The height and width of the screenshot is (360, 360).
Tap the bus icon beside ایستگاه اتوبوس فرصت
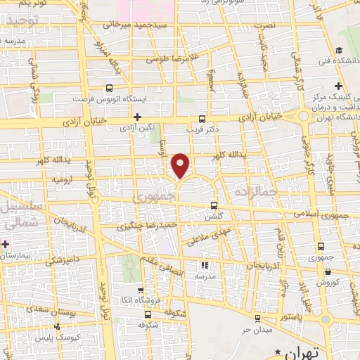(x=109, y=89)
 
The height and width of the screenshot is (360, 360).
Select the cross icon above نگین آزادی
(x=137, y=117)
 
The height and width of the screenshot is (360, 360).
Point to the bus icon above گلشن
(x=214, y=205)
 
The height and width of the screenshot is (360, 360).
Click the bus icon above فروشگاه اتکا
(x=141, y=290)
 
